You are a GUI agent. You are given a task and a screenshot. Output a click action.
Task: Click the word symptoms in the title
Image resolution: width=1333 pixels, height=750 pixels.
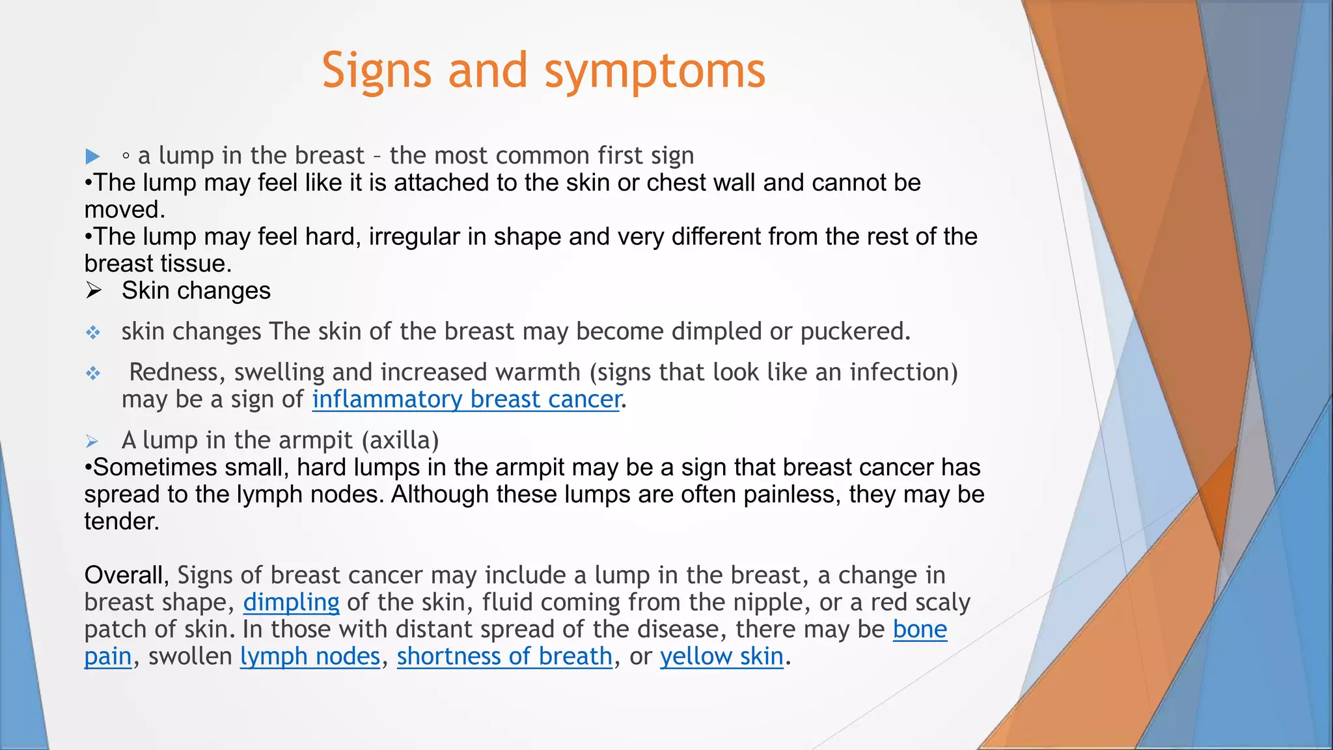point(654,72)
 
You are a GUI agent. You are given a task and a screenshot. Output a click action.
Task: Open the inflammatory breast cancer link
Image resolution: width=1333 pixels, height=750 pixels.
point(466,399)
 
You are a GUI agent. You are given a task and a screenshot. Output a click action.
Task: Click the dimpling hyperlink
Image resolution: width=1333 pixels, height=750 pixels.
point(291,602)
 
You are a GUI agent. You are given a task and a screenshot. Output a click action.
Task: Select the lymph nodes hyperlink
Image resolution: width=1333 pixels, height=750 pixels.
point(310,656)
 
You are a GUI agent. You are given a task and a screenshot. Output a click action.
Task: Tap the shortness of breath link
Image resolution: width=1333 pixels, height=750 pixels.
point(504,656)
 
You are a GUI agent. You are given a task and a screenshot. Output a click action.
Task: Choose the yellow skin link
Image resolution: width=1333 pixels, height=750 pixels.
point(721,656)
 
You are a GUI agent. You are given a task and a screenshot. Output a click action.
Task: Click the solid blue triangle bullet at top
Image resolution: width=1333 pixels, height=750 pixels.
point(92,156)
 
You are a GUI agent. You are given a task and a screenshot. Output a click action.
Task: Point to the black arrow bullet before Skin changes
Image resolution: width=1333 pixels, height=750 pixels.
point(94,290)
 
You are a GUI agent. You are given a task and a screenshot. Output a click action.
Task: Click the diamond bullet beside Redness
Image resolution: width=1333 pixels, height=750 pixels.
point(93,373)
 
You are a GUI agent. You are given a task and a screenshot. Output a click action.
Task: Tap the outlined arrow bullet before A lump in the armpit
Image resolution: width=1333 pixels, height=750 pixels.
point(92,441)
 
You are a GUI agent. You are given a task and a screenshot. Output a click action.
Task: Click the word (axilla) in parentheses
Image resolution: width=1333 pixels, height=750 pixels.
point(400,441)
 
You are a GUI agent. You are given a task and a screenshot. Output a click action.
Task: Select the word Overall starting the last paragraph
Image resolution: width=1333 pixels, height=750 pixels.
point(126,576)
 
